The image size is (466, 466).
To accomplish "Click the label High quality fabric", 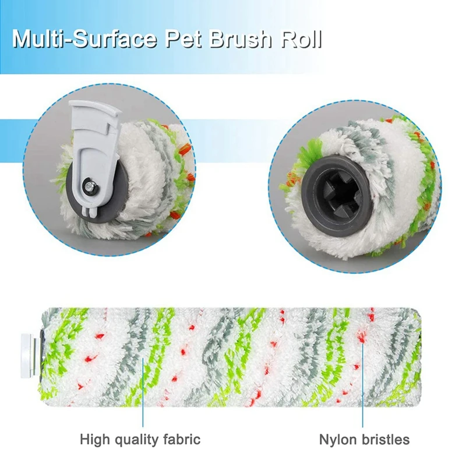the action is [140, 439].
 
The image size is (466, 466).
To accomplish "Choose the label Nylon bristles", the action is [365, 439].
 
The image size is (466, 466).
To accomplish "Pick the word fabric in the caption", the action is [182, 439].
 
